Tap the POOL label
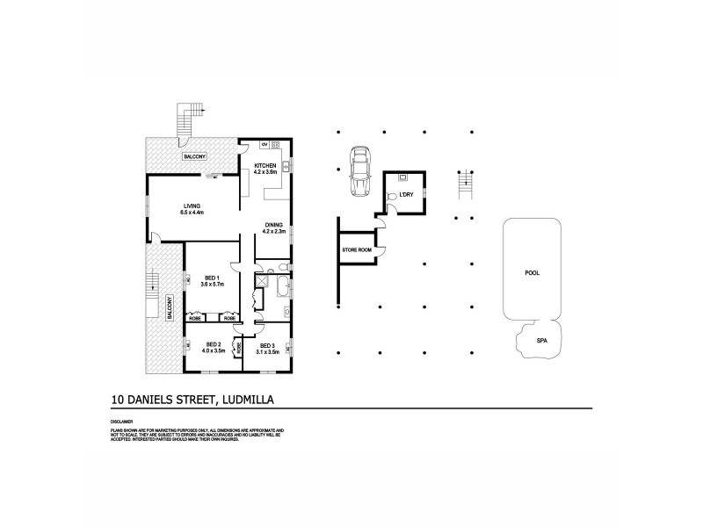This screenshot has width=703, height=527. click(x=532, y=272)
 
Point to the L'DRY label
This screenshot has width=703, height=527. click(x=406, y=193)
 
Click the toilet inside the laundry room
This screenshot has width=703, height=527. click(x=392, y=197)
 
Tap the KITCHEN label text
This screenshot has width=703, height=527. click(x=265, y=165)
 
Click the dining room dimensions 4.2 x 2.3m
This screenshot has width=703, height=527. click(x=274, y=232)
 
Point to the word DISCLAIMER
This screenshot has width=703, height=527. click(x=122, y=422)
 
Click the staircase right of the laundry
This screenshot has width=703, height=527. click(x=466, y=183)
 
